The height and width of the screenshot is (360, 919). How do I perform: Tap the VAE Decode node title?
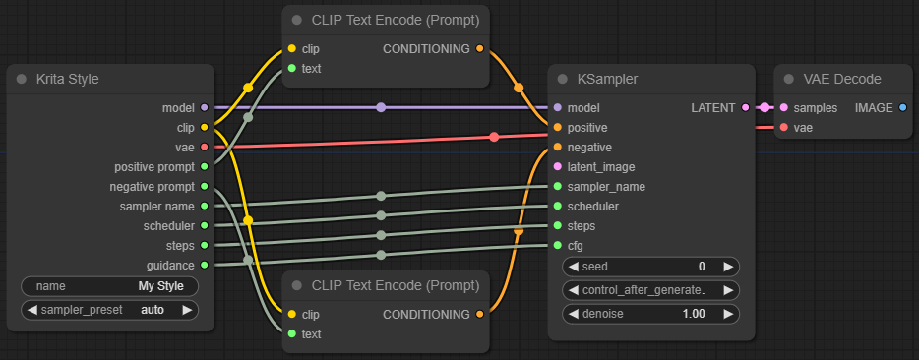click(x=842, y=79)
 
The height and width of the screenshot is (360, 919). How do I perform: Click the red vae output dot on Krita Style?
click(x=204, y=147)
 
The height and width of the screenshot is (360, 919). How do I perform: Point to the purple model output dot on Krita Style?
click(x=204, y=107)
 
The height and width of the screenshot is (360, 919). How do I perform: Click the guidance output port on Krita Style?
click(x=204, y=265)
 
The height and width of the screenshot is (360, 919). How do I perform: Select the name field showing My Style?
click(x=109, y=286)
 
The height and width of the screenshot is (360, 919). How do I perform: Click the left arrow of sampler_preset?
click(x=32, y=309)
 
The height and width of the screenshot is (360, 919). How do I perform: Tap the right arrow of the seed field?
click(x=728, y=267)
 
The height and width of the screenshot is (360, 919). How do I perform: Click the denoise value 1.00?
click(x=695, y=314)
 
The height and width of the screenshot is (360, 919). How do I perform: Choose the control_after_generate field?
click(x=650, y=290)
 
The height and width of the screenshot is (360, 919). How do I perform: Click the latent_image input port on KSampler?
click(x=558, y=166)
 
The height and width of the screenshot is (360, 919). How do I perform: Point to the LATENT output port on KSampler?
click(x=745, y=107)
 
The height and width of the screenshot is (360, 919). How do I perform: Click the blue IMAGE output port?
click(x=903, y=107)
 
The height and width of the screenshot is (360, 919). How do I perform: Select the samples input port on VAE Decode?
click(x=784, y=107)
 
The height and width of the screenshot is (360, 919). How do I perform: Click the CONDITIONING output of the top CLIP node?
click(x=479, y=48)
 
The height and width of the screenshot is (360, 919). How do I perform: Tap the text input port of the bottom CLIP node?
click(x=292, y=333)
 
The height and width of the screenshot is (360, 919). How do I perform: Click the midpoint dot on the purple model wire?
click(x=381, y=107)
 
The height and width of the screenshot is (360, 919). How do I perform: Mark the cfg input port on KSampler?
click(x=558, y=245)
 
